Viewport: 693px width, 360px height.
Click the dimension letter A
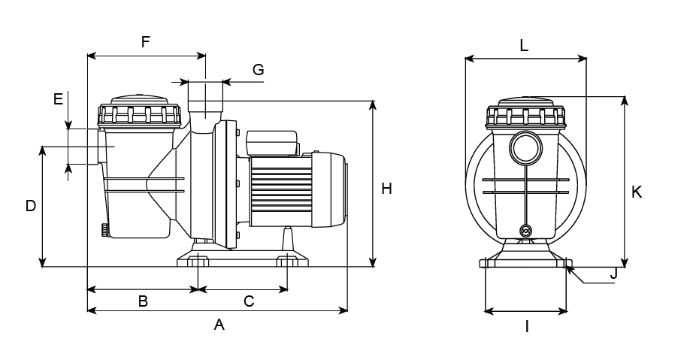pyautogui.click(x=219, y=325)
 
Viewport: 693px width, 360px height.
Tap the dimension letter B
pyautogui.click(x=142, y=301)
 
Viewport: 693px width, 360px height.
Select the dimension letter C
pyautogui.click(x=250, y=301)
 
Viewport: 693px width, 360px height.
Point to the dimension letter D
pyautogui.click(x=31, y=206)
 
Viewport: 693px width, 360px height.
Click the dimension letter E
pyautogui.click(x=58, y=98)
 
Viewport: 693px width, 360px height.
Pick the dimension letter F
pyautogui.click(x=146, y=42)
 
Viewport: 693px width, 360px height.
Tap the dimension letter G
pyautogui.click(x=258, y=70)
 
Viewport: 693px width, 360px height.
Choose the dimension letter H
pyautogui.click(x=386, y=189)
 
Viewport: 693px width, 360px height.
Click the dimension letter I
pyautogui.click(x=527, y=327)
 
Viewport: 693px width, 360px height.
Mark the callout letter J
pyautogui.click(x=613, y=274)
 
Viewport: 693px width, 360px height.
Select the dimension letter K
pyautogui.click(x=637, y=192)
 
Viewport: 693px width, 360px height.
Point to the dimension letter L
pyautogui.click(x=524, y=45)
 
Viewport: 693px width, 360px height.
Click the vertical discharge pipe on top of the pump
pyautogui.click(x=205, y=102)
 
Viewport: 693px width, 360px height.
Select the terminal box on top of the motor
pyautogui.click(x=272, y=142)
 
